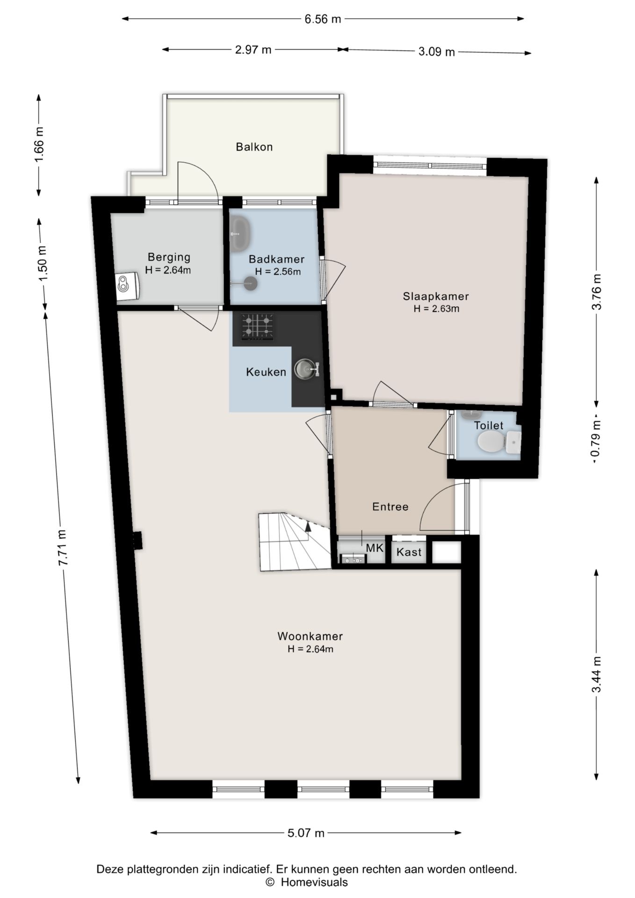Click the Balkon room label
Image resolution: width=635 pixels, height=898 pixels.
click(254, 147)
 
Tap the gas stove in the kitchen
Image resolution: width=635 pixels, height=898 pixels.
click(257, 327)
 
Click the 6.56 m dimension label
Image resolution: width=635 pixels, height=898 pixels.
click(323, 19)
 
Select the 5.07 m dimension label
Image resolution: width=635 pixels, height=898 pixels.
click(306, 833)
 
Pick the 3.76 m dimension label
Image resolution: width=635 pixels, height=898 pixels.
click(597, 291)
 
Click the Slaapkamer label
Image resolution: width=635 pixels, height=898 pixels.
click(436, 296)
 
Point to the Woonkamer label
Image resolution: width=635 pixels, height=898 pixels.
click(310, 636)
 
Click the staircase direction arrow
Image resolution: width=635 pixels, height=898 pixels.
click(308, 527)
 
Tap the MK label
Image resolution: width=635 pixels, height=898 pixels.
click(375, 548)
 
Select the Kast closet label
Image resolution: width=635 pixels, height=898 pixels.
click(409, 552)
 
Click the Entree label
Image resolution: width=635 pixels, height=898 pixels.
click(390, 507)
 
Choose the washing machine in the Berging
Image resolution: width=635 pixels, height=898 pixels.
click(127, 286)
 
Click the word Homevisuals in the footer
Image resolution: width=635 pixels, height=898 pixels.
click(314, 883)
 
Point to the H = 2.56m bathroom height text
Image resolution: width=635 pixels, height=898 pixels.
click(278, 271)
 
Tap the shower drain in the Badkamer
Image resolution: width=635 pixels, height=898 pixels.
click(251, 283)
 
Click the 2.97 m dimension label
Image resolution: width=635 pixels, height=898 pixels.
click(253, 50)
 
